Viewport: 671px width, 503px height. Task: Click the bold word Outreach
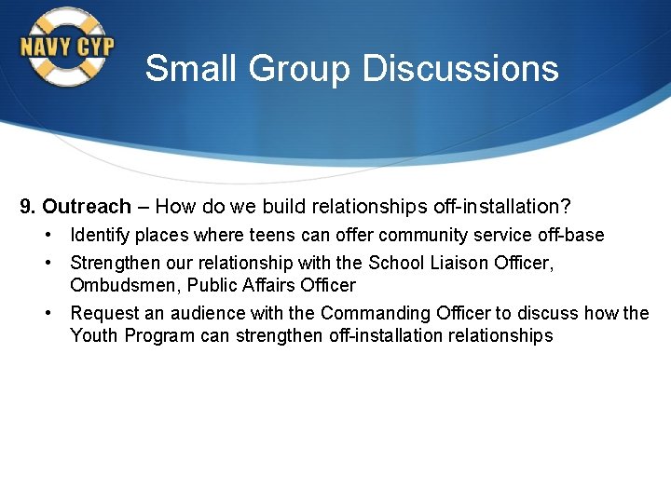coord(87,206)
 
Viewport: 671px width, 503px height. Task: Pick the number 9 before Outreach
coord(26,206)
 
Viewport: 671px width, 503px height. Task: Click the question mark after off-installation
coord(565,206)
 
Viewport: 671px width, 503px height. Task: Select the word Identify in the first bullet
coord(101,235)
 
